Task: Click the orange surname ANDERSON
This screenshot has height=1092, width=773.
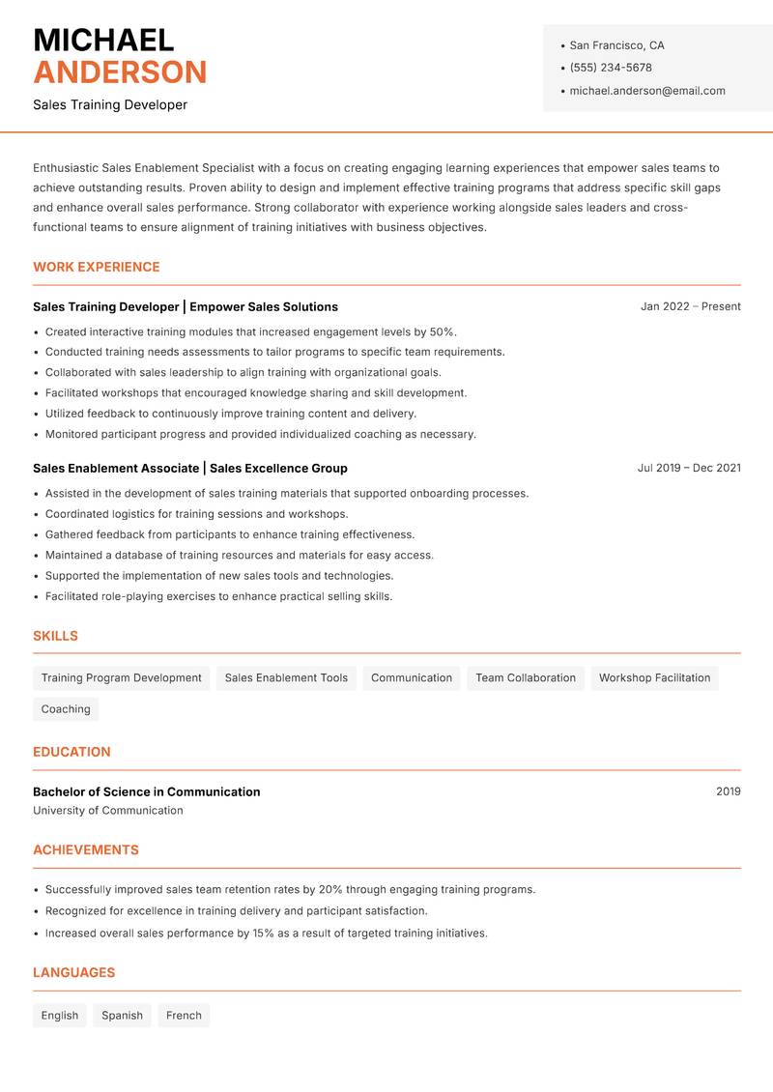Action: pyautogui.click(x=120, y=72)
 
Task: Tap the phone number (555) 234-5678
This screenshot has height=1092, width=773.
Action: pyautogui.click(x=611, y=68)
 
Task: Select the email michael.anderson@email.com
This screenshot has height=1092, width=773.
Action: pyautogui.click(x=646, y=91)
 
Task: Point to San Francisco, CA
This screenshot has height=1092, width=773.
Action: pyautogui.click(x=616, y=45)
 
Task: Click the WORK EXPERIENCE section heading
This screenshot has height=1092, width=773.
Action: pyautogui.click(x=97, y=267)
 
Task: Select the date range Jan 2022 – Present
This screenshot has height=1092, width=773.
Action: pyautogui.click(x=690, y=306)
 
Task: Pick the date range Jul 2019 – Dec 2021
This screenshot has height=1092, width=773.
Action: pyautogui.click(x=689, y=468)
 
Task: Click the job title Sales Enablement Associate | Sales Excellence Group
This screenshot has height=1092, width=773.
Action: pyautogui.click(x=189, y=468)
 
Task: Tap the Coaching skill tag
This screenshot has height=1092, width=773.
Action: pyautogui.click(x=66, y=709)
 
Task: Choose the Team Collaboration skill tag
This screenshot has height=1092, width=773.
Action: pyautogui.click(x=526, y=678)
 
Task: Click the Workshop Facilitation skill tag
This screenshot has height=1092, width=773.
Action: pyautogui.click(x=654, y=678)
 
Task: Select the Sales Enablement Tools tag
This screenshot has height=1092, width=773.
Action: pyautogui.click(x=286, y=678)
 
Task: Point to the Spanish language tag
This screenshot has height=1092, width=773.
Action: pyautogui.click(x=122, y=1016)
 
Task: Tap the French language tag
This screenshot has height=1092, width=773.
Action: pyautogui.click(x=184, y=1016)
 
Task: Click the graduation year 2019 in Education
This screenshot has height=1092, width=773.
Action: pyautogui.click(x=729, y=791)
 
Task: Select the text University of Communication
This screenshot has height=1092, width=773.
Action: pyautogui.click(x=108, y=811)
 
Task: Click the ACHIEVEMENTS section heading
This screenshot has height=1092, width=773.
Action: pyautogui.click(x=86, y=850)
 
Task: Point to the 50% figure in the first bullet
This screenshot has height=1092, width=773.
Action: pyautogui.click(x=442, y=331)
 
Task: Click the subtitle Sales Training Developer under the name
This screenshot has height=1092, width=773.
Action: pyautogui.click(x=110, y=104)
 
